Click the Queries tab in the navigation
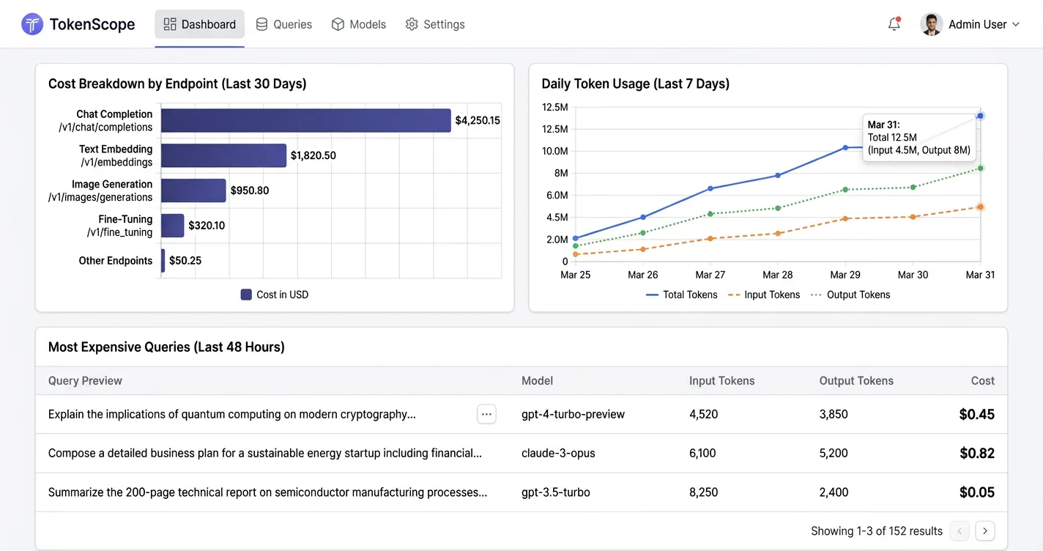[x=283, y=24]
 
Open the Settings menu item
[x=435, y=24]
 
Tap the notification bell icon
[x=894, y=24]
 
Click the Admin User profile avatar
[x=931, y=24]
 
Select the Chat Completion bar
[x=305, y=121]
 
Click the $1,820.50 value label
[x=313, y=155]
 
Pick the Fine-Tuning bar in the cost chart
[x=172, y=226]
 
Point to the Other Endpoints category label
[x=116, y=261]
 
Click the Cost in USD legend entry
[x=275, y=295]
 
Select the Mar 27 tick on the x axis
[x=710, y=275]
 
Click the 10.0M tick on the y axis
[x=554, y=151]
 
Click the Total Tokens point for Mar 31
[x=980, y=116]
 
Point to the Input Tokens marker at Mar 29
[x=845, y=218]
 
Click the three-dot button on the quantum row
[x=486, y=414]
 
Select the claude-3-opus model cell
[x=558, y=453]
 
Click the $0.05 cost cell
[x=976, y=492]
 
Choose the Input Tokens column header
[x=721, y=381]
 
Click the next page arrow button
[x=985, y=531]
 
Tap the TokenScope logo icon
[x=32, y=24]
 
